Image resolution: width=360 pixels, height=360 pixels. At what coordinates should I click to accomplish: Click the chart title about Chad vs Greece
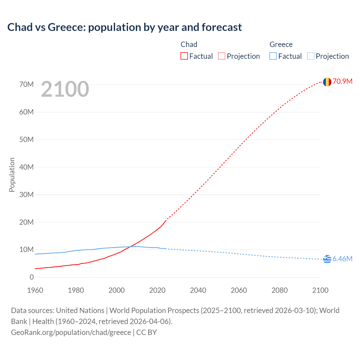click(124, 27)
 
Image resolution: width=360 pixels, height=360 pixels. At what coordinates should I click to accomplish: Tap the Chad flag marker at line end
click(327, 82)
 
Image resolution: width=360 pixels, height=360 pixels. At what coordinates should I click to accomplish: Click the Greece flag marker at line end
click(327, 259)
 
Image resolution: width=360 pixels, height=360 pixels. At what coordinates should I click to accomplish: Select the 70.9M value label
click(343, 82)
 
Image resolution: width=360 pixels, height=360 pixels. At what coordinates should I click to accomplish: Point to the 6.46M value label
click(342, 259)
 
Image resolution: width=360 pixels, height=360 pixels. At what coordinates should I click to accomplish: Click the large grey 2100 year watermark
click(65, 89)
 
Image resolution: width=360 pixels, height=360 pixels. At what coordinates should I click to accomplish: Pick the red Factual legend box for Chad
click(184, 56)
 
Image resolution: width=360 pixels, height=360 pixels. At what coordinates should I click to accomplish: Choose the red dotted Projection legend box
click(222, 56)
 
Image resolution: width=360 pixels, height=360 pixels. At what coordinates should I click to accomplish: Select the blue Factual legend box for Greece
click(273, 56)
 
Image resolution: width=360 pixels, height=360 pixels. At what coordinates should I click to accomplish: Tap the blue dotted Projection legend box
click(310, 56)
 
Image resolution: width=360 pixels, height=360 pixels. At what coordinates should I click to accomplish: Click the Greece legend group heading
click(281, 44)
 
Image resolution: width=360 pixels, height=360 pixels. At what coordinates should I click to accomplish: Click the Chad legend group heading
click(189, 44)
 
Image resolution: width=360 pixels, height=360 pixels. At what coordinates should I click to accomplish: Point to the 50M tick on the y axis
click(26, 140)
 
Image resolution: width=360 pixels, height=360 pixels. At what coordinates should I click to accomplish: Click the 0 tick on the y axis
click(31, 277)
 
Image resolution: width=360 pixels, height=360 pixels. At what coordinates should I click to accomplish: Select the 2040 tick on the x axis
click(198, 290)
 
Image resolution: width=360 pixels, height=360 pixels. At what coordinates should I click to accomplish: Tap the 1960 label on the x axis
click(35, 290)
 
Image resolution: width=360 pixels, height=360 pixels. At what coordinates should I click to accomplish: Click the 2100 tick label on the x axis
click(320, 290)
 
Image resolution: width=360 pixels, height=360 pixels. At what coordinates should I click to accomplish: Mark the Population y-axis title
click(12, 175)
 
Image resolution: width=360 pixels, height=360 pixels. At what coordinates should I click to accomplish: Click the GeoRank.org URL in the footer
click(71, 332)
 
